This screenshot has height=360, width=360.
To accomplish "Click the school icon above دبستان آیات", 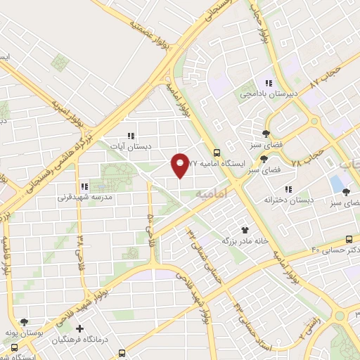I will (x=130, y=135).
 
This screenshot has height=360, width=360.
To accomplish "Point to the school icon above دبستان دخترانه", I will (x=288, y=188).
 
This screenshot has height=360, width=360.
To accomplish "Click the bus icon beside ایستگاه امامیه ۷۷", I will (x=217, y=153).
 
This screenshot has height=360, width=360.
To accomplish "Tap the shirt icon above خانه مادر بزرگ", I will (x=245, y=229).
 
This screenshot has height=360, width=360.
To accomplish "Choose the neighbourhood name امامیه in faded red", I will (x=212, y=192).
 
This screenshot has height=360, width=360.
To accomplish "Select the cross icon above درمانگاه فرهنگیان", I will (x=79, y=328).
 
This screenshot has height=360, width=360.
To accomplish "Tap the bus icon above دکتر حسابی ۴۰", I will (x=349, y=239).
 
